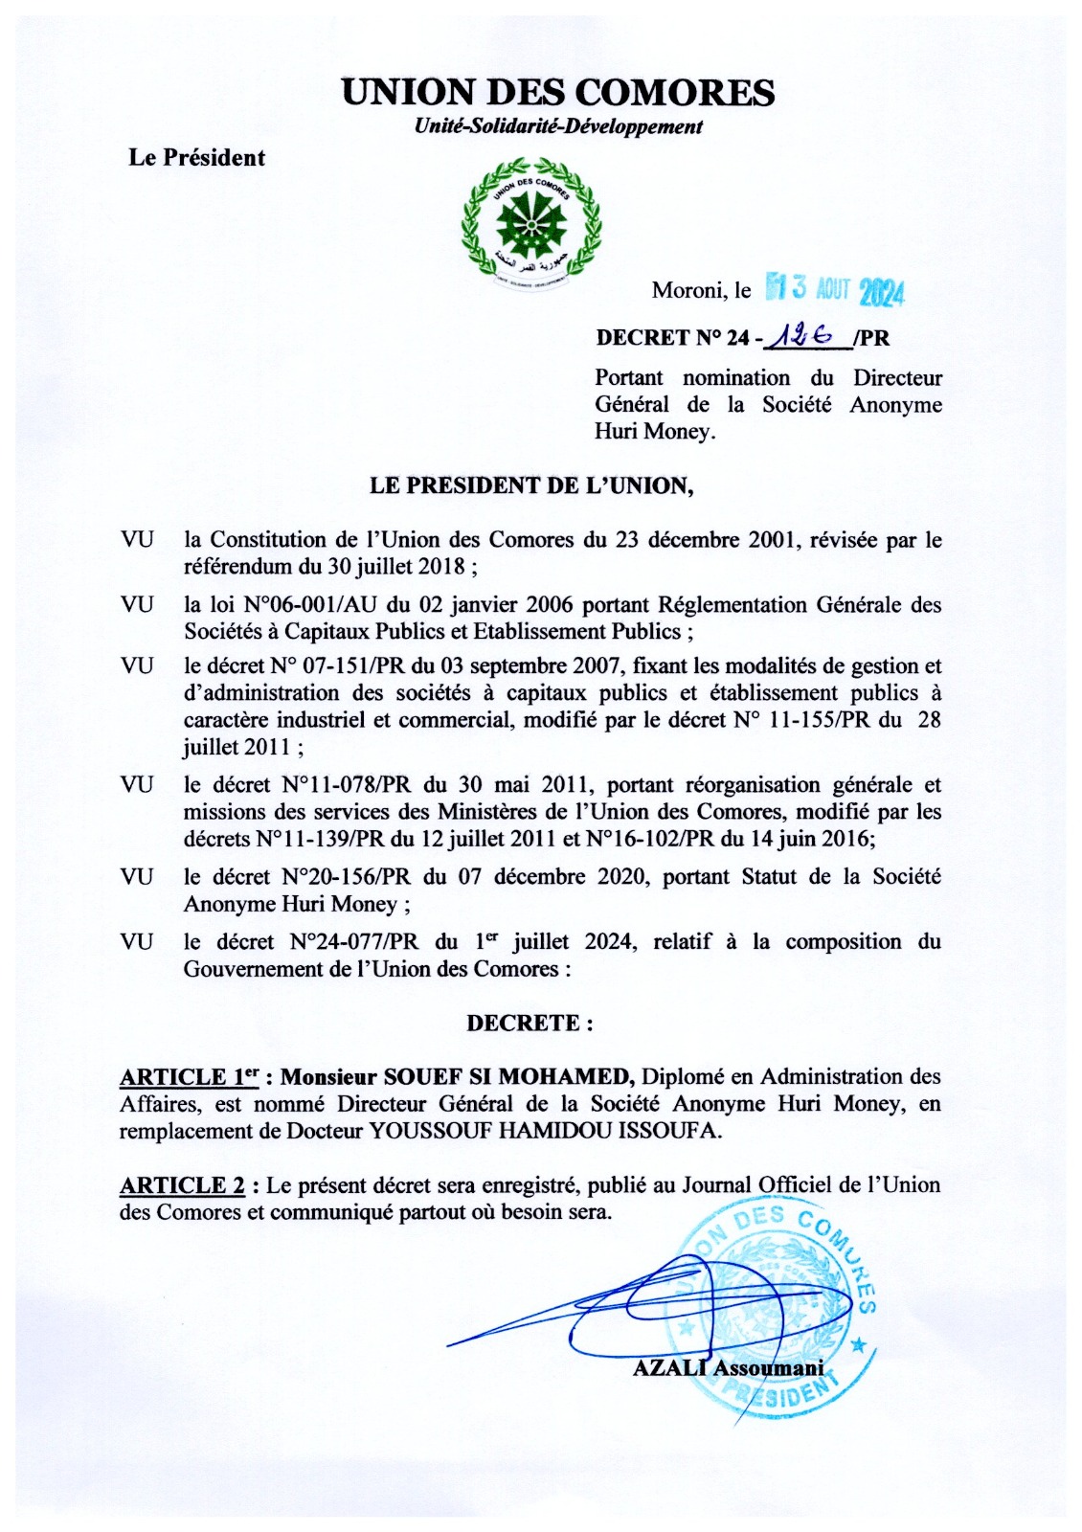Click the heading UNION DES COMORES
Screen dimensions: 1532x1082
click(x=558, y=93)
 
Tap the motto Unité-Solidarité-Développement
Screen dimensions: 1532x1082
click(x=558, y=126)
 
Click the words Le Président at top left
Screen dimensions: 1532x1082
click(x=197, y=158)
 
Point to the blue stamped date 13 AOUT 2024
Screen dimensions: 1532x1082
click(x=836, y=289)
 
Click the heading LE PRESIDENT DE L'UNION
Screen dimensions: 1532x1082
click(x=531, y=485)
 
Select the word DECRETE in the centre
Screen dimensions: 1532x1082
click(x=530, y=1023)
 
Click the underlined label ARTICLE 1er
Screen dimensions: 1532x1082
click(x=189, y=1077)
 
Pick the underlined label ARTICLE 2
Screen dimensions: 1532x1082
click(x=182, y=1185)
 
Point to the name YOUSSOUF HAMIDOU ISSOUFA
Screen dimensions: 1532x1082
click(x=544, y=1131)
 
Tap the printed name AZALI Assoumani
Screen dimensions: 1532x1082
click(x=728, y=1368)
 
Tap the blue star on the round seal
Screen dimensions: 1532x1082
click(x=858, y=1345)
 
